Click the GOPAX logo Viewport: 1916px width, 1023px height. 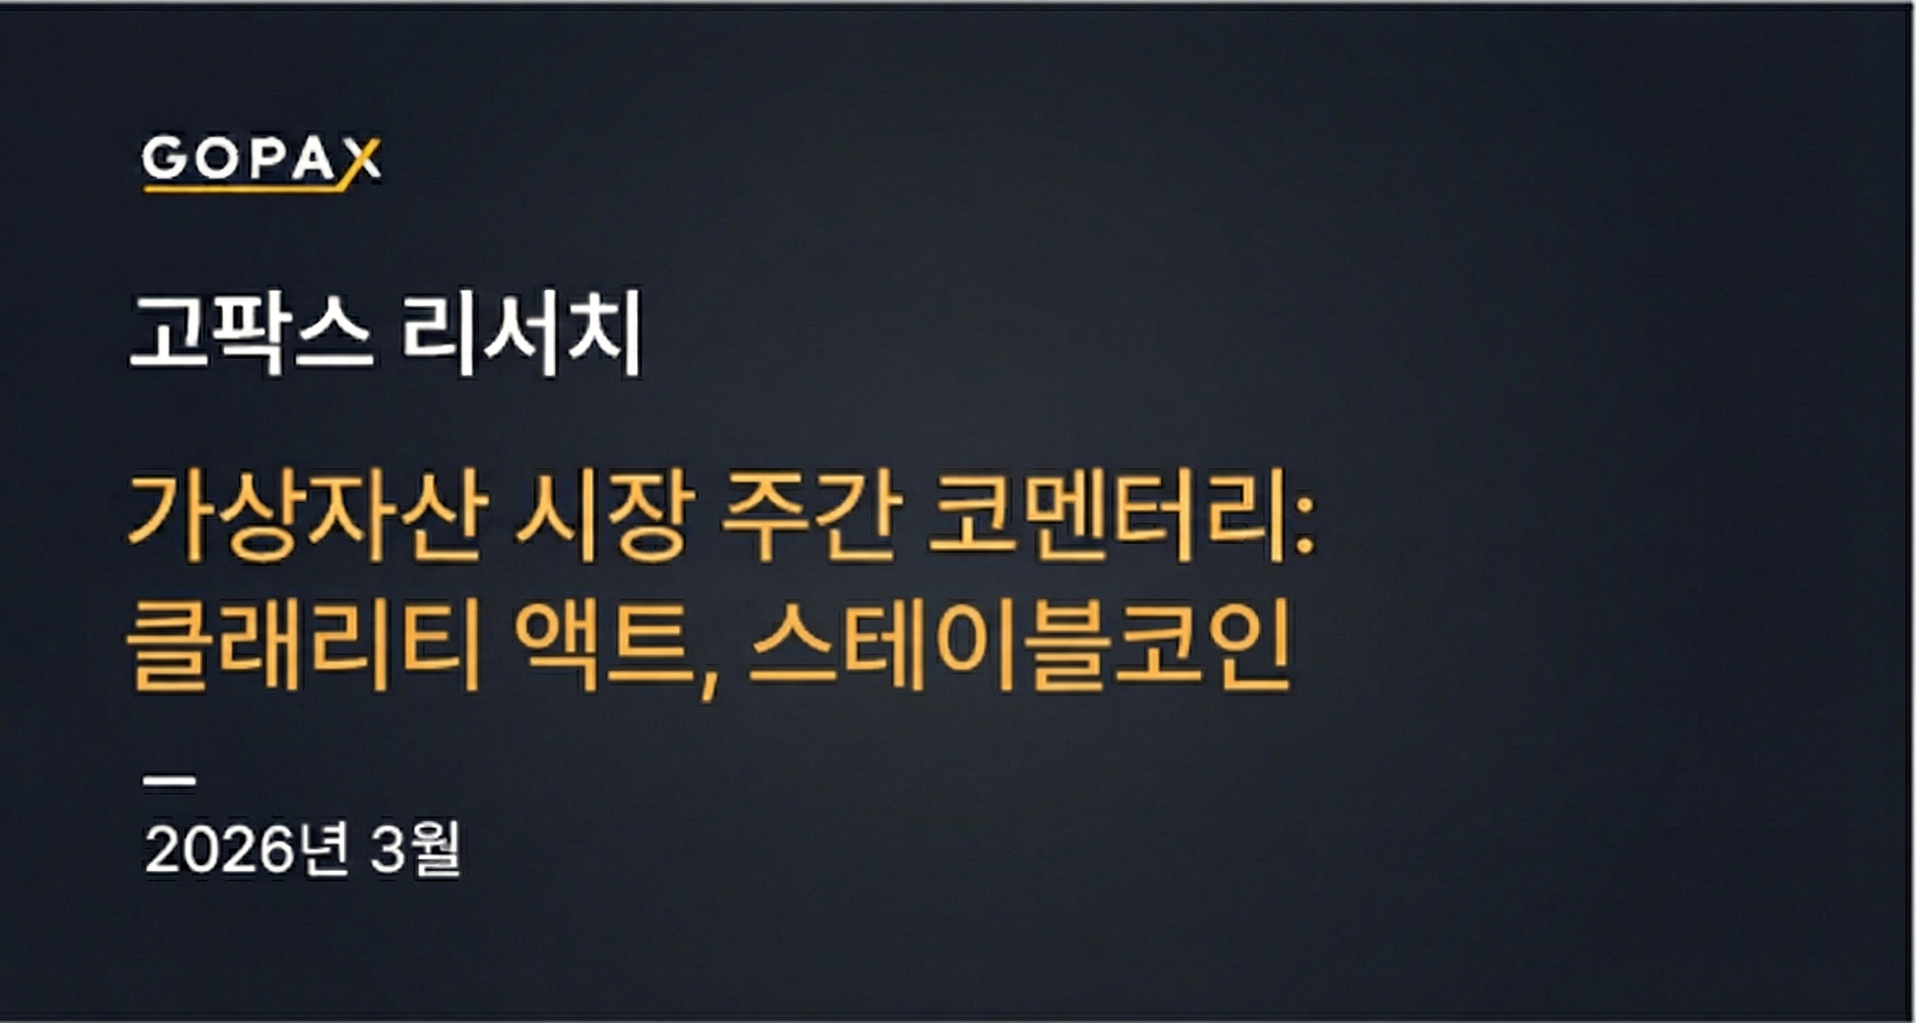261,161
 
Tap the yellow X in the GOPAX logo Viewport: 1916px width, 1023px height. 361,161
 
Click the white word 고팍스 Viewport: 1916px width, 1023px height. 251,332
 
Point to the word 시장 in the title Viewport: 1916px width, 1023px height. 604,516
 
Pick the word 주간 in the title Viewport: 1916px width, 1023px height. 810,516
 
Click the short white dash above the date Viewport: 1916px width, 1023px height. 170,781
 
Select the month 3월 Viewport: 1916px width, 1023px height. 415,849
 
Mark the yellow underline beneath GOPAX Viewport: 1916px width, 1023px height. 244,188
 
